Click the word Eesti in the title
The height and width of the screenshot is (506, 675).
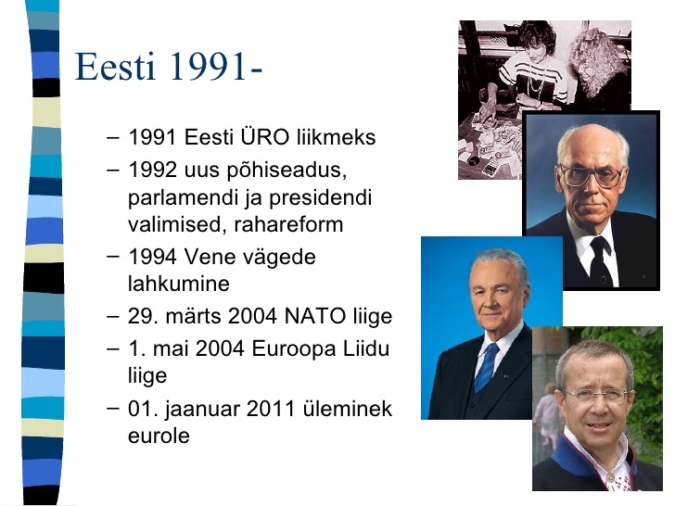coord(115,67)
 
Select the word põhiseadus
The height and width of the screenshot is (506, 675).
coord(287,171)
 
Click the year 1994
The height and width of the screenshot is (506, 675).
coord(152,257)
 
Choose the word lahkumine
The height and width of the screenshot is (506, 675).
coord(179,284)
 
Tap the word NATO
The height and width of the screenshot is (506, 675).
coord(314,316)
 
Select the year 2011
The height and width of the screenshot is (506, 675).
coord(270,409)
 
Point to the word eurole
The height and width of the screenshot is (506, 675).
coord(159,436)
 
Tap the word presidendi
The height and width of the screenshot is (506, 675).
coord(320,197)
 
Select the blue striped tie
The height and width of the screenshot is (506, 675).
coord(487,367)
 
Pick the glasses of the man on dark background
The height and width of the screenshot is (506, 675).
coord(592,175)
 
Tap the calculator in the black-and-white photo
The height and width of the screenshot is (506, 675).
coord(490,167)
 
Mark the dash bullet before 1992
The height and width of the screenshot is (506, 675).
coord(112,171)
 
